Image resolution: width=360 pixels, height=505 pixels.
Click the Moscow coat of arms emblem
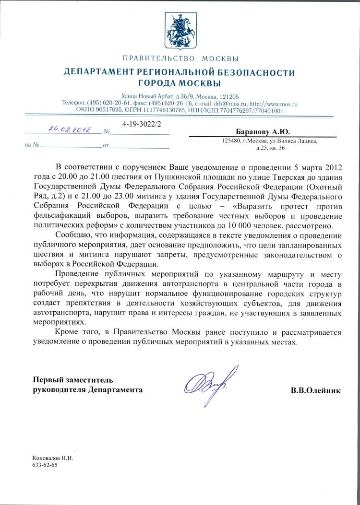pos(180,28)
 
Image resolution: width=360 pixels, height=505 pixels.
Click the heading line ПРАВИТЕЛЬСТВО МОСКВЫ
pos(180,59)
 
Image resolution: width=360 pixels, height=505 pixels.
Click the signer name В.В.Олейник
pos(316,391)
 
